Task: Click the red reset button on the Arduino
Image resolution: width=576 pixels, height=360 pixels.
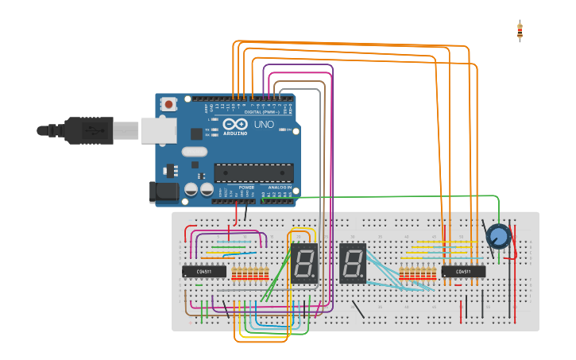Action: click(168, 104)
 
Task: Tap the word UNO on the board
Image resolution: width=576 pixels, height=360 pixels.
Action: click(263, 125)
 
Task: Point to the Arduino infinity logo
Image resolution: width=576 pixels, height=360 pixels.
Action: click(239, 125)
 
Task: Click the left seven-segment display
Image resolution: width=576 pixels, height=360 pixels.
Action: click(303, 263)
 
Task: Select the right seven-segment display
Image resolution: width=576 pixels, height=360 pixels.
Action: click(353, 263)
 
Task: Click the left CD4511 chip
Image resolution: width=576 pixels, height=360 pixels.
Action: click(204, 272)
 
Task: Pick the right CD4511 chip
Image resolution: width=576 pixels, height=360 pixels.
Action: click(463, 272)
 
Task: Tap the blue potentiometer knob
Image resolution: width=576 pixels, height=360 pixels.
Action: click(498, 237)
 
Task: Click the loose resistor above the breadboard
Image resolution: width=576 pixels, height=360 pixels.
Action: click(520, 31)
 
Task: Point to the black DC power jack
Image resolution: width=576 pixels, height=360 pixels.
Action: click(163, 191)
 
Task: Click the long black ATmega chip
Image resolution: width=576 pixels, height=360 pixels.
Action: click(253, 172)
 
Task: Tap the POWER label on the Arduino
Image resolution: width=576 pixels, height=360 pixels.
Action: click(246, 188)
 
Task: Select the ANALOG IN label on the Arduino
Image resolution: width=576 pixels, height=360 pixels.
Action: click(278, 188)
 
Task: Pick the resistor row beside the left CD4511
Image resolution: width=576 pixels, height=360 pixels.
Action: click(249, 274)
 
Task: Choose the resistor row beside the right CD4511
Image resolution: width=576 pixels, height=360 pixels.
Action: click(417, 274)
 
